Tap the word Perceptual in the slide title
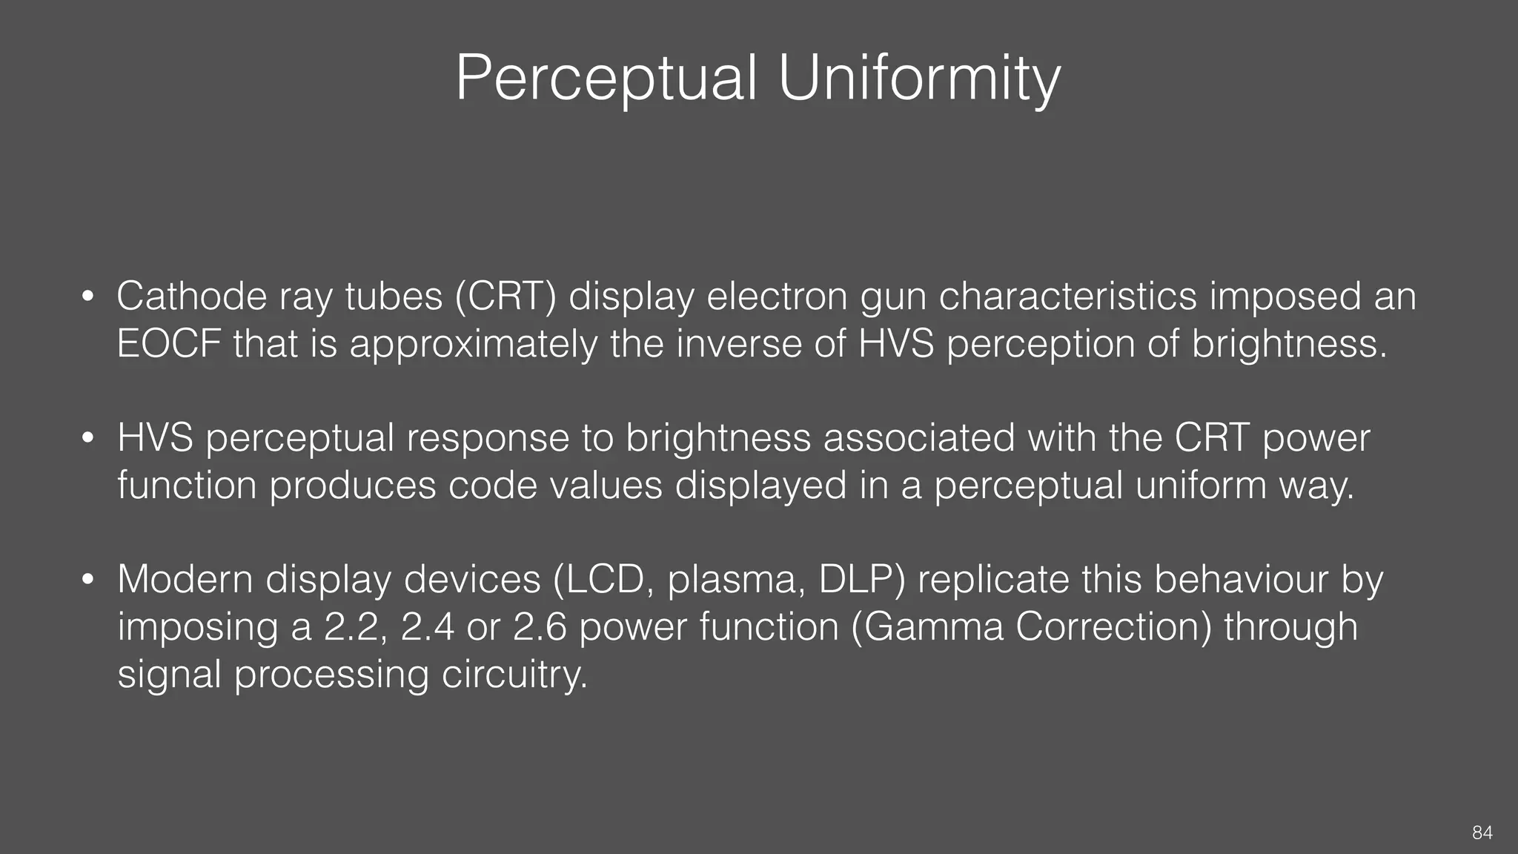click(x=606, y=78)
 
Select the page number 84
click(x=1482, y=833)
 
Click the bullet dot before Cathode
click(x=87, y=297)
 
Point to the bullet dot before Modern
click(x=87, y=580)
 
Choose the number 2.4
click(x=428, y=626)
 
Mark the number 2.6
click(x=540, y=626)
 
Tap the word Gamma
click(x=932, y=626)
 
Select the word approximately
click(x=473, y=345)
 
